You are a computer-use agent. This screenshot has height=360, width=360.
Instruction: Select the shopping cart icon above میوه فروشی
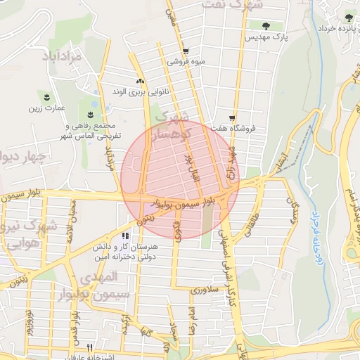(185, 51)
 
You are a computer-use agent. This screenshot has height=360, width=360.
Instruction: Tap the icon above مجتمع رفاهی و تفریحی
(90, 114)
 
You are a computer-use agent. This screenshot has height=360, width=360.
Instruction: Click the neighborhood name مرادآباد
(66, 56)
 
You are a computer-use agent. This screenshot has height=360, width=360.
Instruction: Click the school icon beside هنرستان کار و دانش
(126, 236)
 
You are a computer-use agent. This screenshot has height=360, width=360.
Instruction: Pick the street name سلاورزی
(208, 289)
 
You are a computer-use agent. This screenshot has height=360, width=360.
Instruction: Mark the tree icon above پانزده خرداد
(349, 18)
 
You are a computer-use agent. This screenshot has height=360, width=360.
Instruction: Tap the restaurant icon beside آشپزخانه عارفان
(89, 347)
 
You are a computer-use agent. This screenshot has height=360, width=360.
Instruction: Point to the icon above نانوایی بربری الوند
(139, 81)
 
